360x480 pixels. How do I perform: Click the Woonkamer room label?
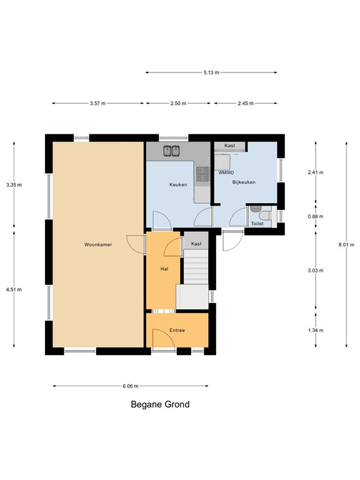[98, 244]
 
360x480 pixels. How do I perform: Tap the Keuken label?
[178, 184]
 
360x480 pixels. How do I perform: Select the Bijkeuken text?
[244, 182]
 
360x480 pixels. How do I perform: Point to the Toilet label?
[257, 224]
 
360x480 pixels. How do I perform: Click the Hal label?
[164, 269]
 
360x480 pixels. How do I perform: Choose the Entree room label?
[177, 330]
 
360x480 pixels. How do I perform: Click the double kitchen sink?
[171, 151]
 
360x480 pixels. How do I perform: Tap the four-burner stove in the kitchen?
[202, 174]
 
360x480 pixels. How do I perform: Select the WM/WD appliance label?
[226, 172]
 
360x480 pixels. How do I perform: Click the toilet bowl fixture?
[266, 216]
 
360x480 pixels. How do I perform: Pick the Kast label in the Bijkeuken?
[229, 146]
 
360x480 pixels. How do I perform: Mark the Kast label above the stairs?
[196, 244]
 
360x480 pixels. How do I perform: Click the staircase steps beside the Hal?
[196, 267]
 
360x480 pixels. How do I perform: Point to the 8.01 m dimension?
[346, 244]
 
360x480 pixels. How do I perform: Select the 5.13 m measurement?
[211, 72]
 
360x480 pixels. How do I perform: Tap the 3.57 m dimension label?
[97, 104]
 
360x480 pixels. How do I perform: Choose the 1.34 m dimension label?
[316, 330]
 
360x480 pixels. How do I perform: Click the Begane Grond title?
[160, 404]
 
